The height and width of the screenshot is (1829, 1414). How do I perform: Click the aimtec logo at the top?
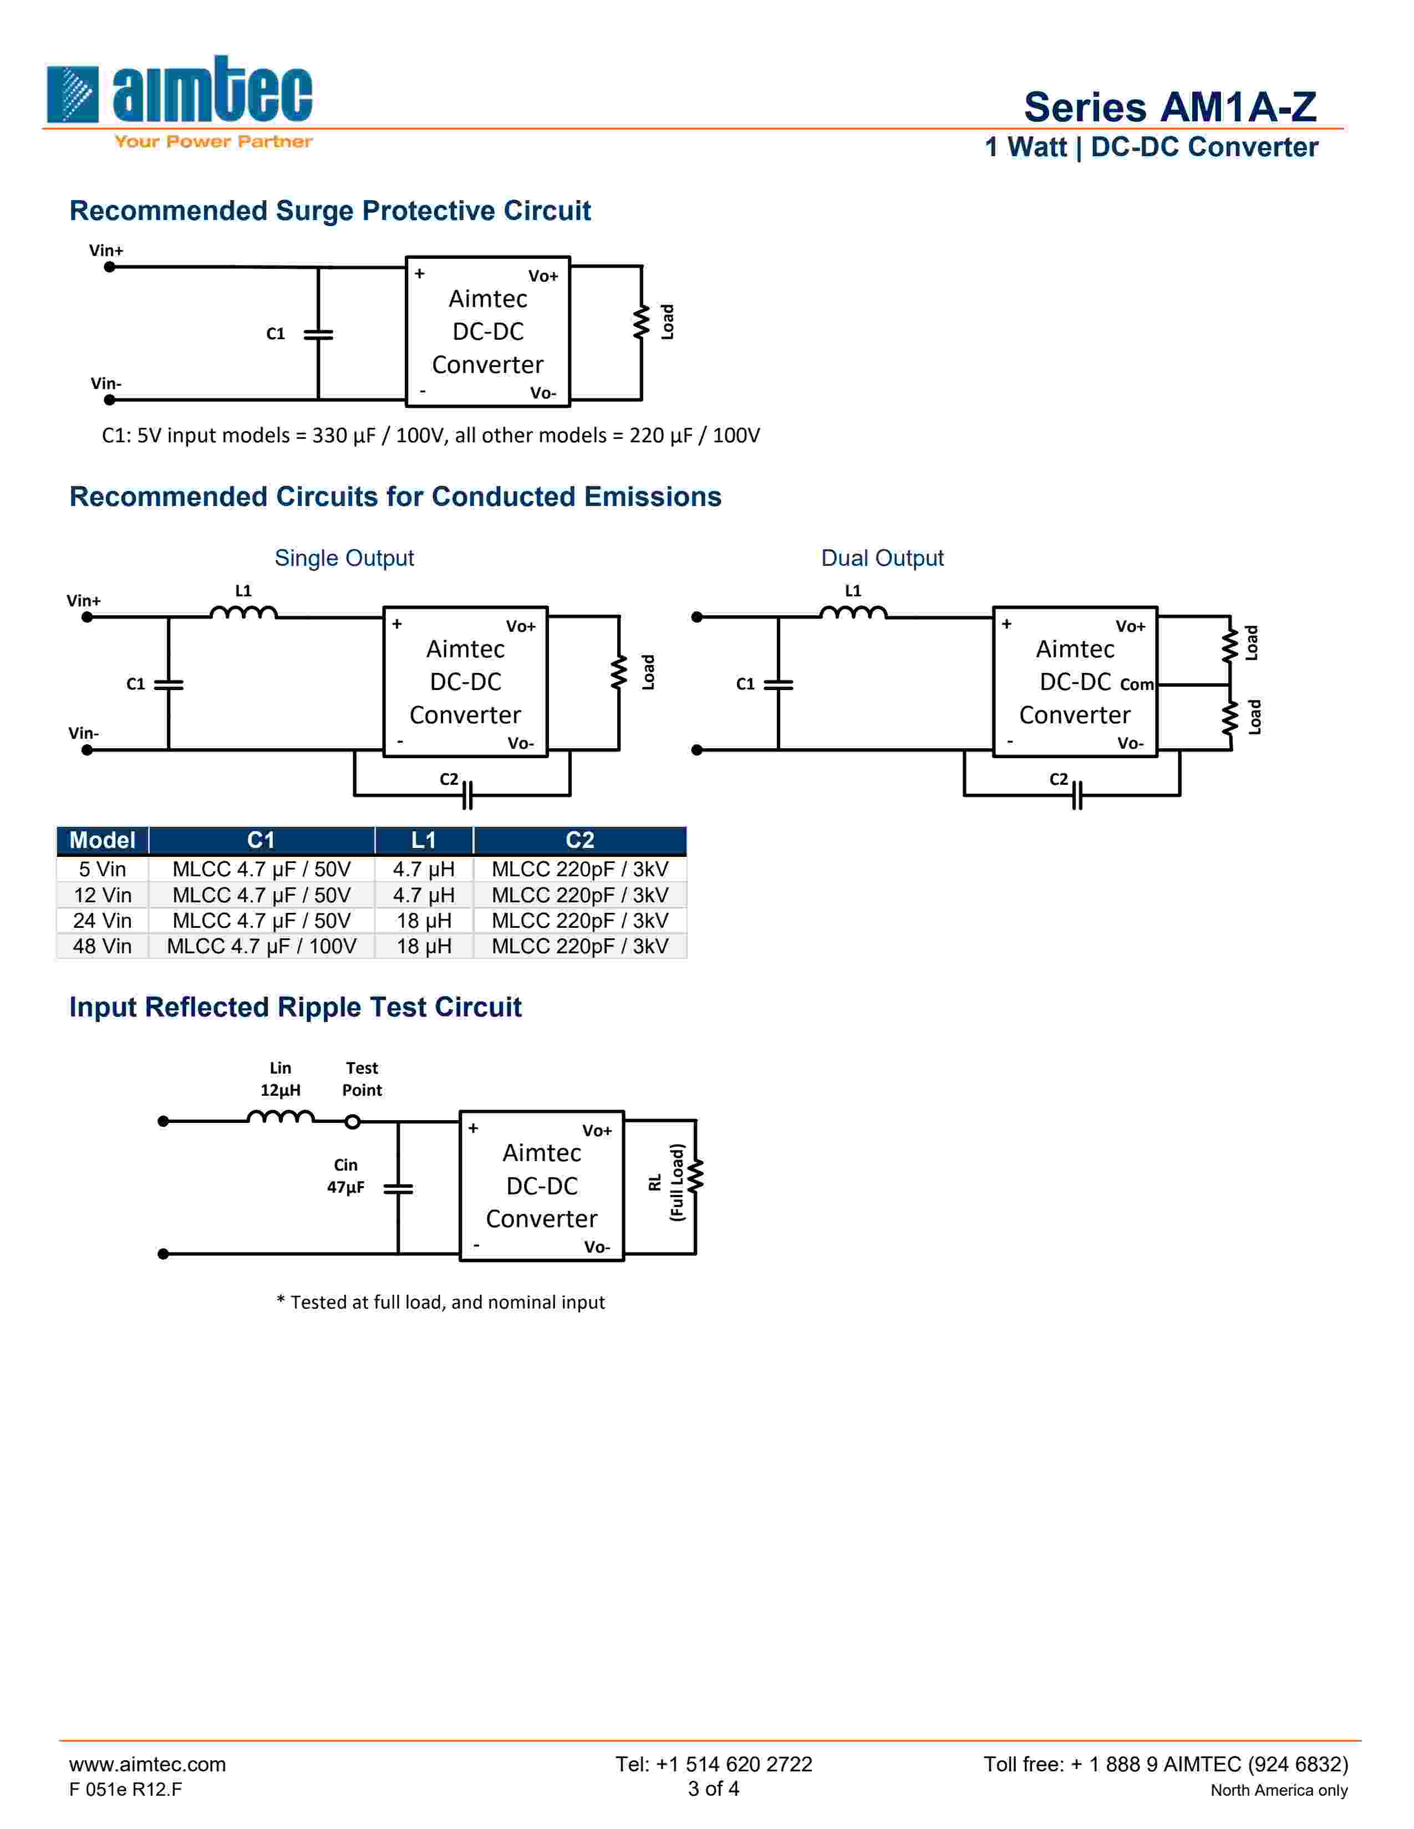pyautogui.click(x=179, y=99)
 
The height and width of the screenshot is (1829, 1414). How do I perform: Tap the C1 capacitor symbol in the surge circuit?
pyautogui.click(x=318, y=334)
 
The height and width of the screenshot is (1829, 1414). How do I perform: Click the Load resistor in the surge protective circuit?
pyautogui.click(x=642, y=323)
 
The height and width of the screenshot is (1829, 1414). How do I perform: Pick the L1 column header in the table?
pyautogui.click(x=424, y=840)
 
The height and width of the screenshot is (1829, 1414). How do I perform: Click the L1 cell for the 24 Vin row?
pyautogui.click(x=424, y=921)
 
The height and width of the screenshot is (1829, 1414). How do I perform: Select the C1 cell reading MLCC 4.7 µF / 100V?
pyautogui.click(x=261, y=946)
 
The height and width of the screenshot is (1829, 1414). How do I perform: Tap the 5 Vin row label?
pyautogui.click(x=102, y=869)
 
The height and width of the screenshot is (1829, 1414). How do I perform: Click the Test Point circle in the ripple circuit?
pyautogui.click(x=353, y=1121)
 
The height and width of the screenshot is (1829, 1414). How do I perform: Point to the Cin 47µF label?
pyautogui.click(x=345, y=1176)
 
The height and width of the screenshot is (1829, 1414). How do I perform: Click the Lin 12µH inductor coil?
pyautogui.click(x=281, y=1116)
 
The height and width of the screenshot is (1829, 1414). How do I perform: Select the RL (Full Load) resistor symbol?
pyautogui.click(x=695, y=1176)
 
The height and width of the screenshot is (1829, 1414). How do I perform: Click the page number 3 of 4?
pyautogui.click(x=714, y=1789)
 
